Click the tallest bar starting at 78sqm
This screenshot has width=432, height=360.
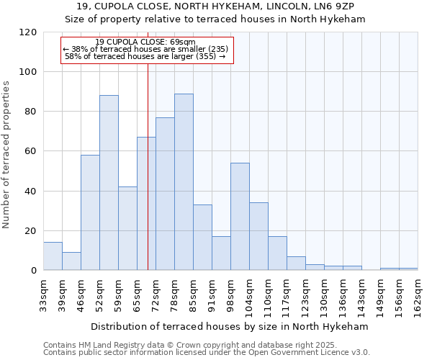click(x=184, y=182)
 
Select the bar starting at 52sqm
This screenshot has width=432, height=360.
click(x=109, y=183)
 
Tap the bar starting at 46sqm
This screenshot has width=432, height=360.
click(x=90, y=212)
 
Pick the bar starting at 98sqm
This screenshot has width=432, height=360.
click(x=240, y=216)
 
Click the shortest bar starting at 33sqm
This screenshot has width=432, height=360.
click(x=53, y=256)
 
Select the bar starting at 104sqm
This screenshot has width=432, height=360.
click(x=258, y=236)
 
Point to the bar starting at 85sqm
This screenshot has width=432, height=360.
click(x=202, y=238)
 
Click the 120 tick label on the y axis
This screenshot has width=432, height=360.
click(x=28, y=32)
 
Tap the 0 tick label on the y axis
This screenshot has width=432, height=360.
click(x=34, y=271)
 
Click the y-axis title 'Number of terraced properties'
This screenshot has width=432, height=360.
click(x=6, y=155)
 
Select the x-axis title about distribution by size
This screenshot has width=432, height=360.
click(x=230, y=326)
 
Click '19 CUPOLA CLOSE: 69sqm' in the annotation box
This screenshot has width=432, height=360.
click(x=145, y=42)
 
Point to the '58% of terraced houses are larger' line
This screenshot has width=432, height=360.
click(x=145, y=56)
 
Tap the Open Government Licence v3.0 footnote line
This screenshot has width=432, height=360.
click(x=206, y=352)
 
